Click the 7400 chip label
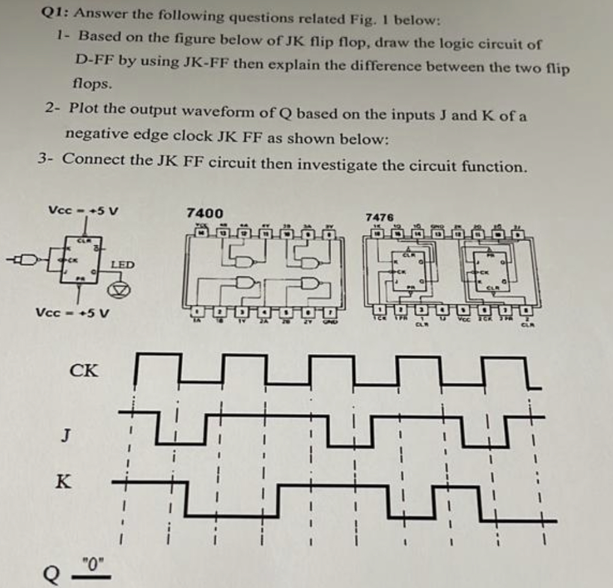click(204, 213)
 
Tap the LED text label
click(123, 265)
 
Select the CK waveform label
click(84, 370)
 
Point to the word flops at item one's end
click(92, 84)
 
